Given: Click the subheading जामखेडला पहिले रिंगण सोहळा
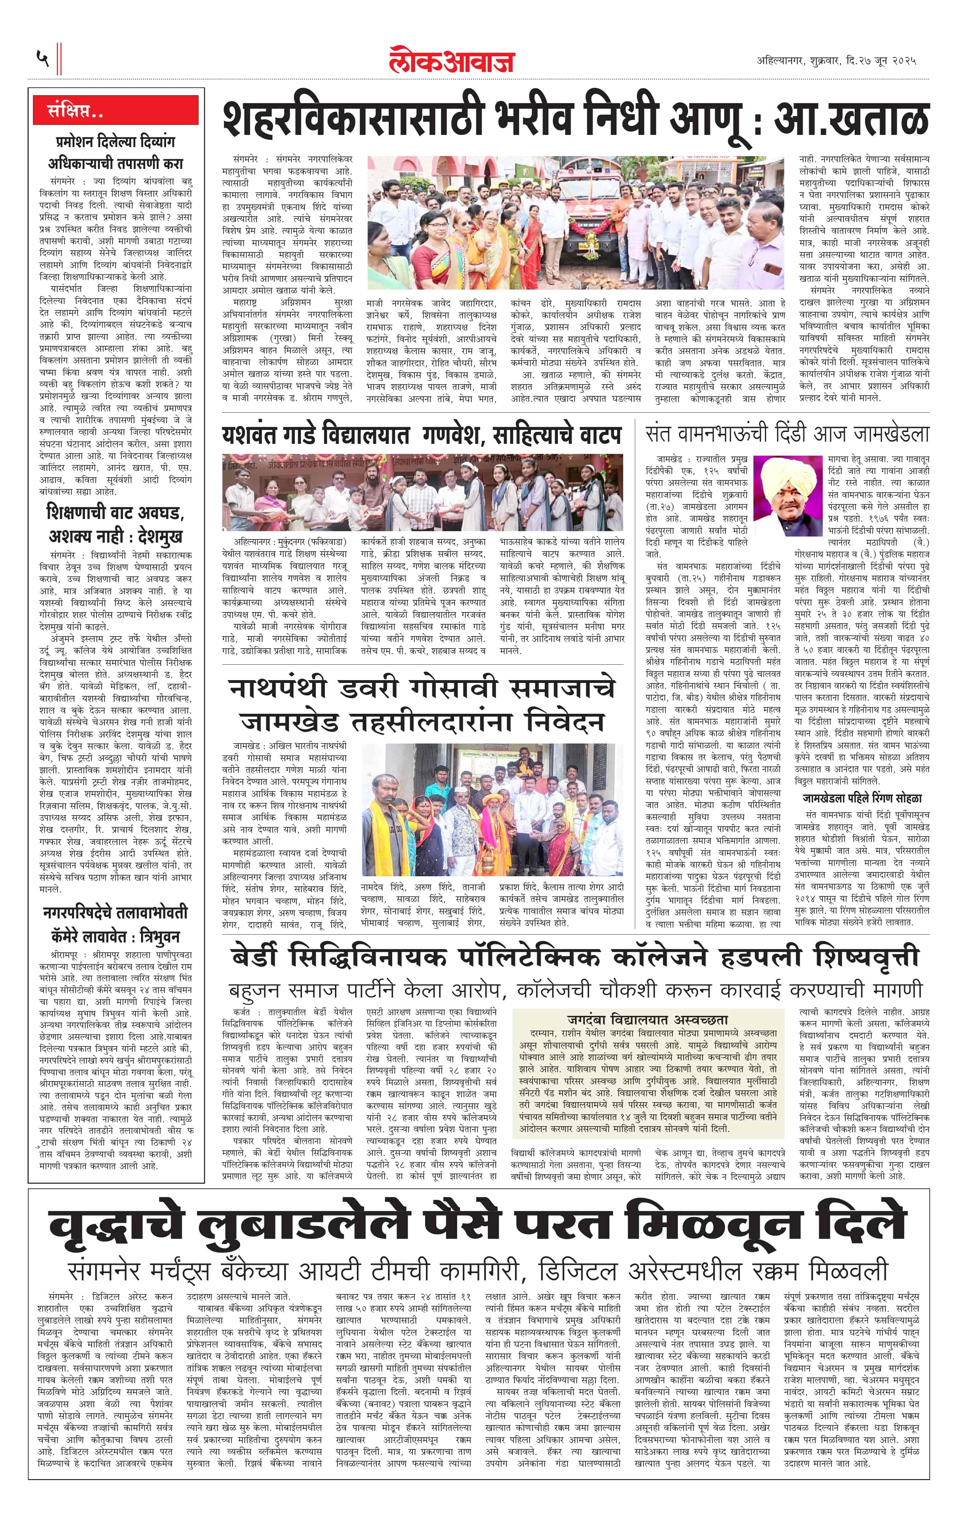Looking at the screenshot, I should pyautogui.click(x=862, y=798).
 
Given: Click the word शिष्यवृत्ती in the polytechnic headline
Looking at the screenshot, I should pyautogui.click(x=866, y=958).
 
